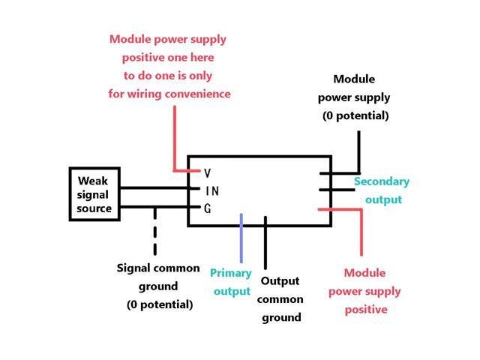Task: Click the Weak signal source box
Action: (94, 194)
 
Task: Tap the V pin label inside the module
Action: (208, 173)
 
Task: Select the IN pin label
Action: (211, 191)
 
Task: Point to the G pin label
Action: (208, 208)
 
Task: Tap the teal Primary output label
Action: (231, 282)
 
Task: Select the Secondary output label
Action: (382, 190)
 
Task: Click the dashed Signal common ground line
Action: (155, 232)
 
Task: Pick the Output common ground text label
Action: (281, 299)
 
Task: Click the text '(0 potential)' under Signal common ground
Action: (159, 304)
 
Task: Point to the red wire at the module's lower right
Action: (361, 232)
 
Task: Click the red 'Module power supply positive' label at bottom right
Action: (373, 291)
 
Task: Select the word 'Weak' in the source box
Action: (93, 181)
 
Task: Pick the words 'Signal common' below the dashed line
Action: (158, 268)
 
